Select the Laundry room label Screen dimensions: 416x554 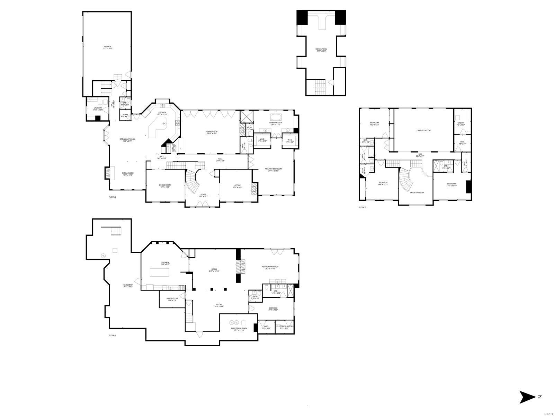pyautogui.click(x=98, y=109)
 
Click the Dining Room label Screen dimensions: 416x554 pyautogui.click(x=165, y=186)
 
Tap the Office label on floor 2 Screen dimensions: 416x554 pyautogui.click(x=237, y=186)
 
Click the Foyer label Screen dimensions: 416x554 pyautogui.click(x=203, y=195)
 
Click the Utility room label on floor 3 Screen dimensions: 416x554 pyautogui.click(x=461, y=124)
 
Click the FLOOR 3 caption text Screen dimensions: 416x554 pyautogui.click(x=362, y=207)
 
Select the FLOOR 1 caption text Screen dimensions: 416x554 pyautogui.click(x=113, y=336)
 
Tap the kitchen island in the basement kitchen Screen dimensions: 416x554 pyautogui.click(x=160, y=272)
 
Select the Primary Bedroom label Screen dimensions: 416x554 pyautogui.click(x=273, y=170)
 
